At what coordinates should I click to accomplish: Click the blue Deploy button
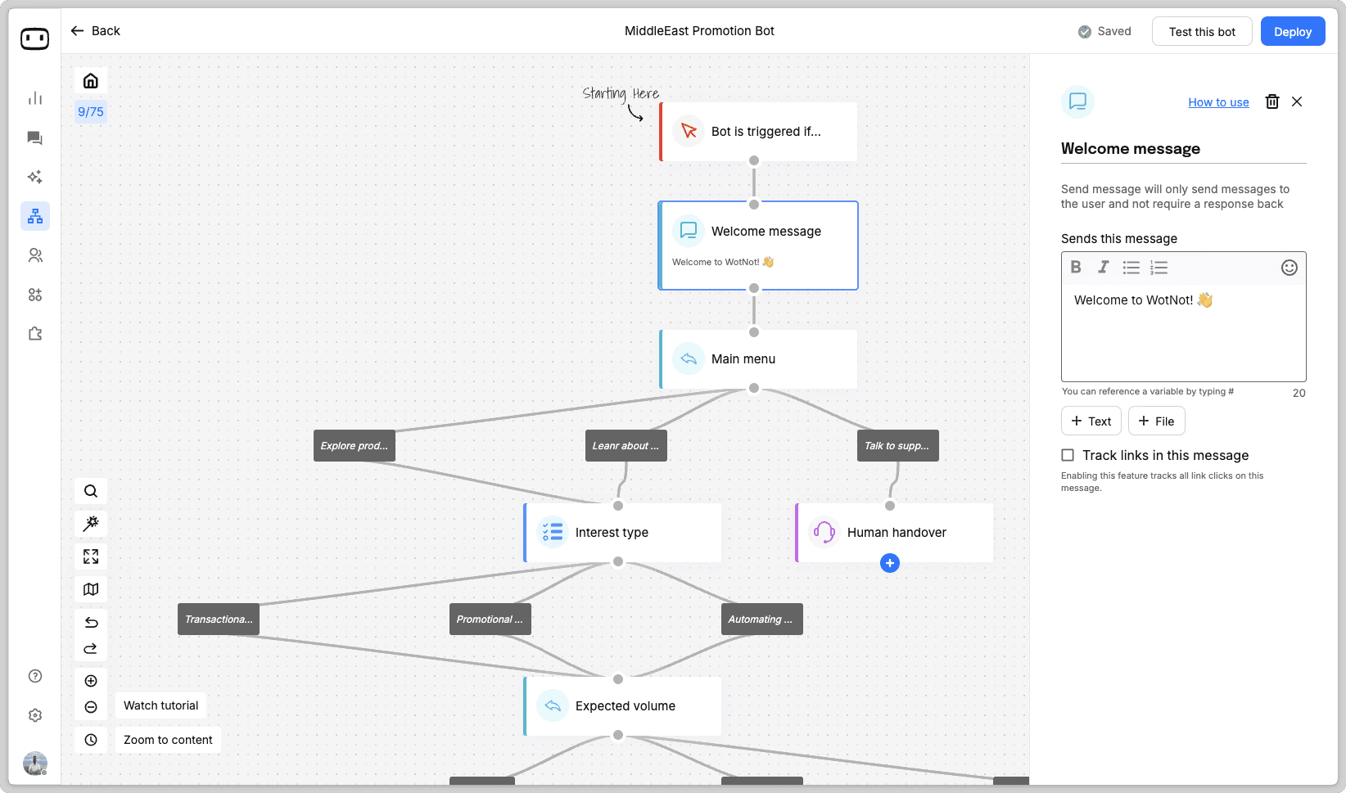[1293, 31]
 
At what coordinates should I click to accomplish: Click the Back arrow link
[96, 30]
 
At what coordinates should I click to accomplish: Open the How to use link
[1218, 102]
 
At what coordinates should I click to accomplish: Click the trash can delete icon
[1272, 101]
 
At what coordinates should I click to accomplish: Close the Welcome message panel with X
[1297, 101]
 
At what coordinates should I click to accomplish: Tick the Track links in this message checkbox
[1067, 455]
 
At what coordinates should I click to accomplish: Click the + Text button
[1091, 421]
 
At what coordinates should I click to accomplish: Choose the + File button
[1156, 421]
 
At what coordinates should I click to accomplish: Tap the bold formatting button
[1076, 267]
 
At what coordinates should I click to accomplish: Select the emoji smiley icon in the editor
[1289, 268]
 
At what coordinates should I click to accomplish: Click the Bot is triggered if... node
[758, 132]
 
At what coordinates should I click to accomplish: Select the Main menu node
[758, 358]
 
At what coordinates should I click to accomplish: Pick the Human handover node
[894, 532]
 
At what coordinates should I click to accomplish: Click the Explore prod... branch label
[354, 446]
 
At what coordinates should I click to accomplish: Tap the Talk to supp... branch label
[897, 446]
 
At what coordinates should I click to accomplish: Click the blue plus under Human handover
[890, 563]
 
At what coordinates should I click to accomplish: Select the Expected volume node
[622, 706]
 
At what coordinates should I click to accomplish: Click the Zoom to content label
[169, 740]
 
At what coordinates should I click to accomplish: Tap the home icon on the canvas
[91, 81]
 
